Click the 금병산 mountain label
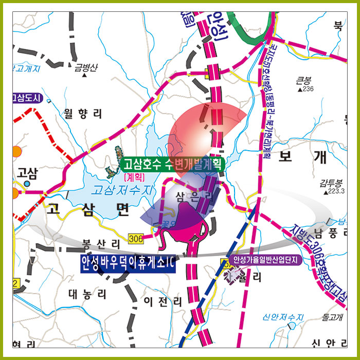(85, 67)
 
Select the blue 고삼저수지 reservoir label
(122, 190)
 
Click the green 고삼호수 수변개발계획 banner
(172, 165)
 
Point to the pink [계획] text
(135, 176)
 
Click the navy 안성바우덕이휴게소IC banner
(128, 264)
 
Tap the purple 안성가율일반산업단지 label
(265, 260)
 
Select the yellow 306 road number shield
(136, 238)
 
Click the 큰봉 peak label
(304, 80)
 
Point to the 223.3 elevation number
(336, 191)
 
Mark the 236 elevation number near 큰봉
(308, 89)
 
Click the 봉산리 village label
(101, 243)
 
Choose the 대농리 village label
(88, 294)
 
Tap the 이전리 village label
(163, 301)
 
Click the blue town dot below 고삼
(27, 183)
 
